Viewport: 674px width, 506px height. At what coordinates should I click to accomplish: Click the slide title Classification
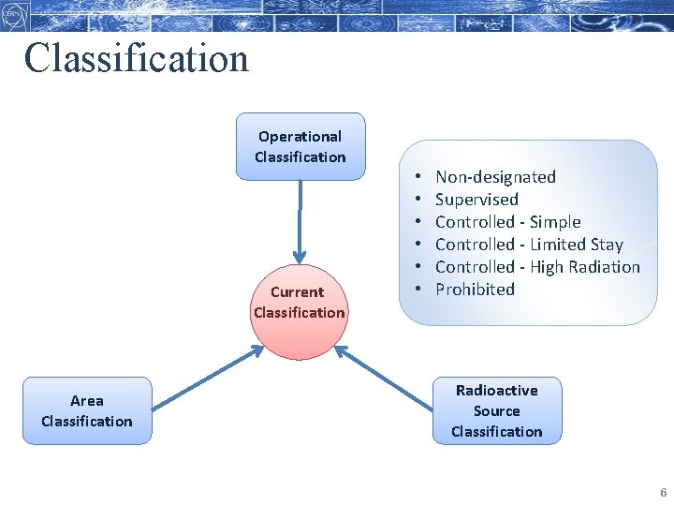[x=137, y=58]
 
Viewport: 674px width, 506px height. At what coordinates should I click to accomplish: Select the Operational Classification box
[x=300, y=146]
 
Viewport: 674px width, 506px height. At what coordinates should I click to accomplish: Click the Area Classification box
[x=86, y=410]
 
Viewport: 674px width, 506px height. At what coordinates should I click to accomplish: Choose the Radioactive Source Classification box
[x=496, y=410]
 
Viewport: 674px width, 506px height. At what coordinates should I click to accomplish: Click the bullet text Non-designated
[x=495, y=177]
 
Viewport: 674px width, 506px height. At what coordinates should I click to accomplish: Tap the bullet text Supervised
[x=476, y=200]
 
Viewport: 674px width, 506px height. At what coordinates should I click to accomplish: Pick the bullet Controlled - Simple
[x=507, y=222]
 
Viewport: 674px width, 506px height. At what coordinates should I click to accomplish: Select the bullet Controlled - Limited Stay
[x=529, y=245]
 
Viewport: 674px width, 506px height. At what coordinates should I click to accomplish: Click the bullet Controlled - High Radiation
[x=537, y=267]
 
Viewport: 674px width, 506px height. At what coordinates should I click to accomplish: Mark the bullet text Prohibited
[x=475, y=290]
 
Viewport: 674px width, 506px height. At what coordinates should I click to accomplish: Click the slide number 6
[x=663, y=493]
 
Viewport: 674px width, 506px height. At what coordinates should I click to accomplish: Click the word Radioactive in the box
[x=496, y=390]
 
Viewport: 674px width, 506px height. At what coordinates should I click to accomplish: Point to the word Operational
[x=300, y=136]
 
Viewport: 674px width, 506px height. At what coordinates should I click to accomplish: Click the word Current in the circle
[x=298, y=291]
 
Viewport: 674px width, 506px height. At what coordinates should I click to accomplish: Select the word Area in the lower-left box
[x=86, y=400]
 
